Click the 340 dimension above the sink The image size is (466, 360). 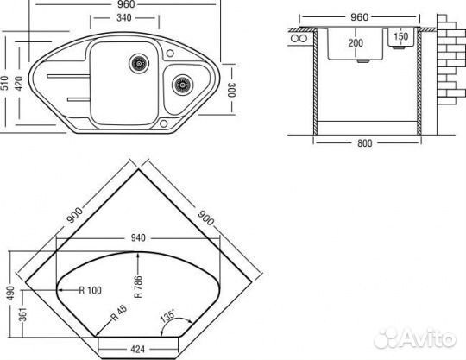(x=124, y=18)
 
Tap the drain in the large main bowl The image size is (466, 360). (x=139, y=63)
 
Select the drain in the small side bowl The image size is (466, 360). (x=182, y=85)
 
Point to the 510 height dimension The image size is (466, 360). (x=4, y=83)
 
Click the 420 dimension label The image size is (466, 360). (x=19, y=84)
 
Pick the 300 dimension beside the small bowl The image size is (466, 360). (x=231, y=90)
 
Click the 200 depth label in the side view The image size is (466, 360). (x=356, y=43)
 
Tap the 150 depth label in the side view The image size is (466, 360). (x=401, y=36)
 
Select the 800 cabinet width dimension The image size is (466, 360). (x=365, y=143)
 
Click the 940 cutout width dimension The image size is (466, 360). (x=138, y=237)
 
